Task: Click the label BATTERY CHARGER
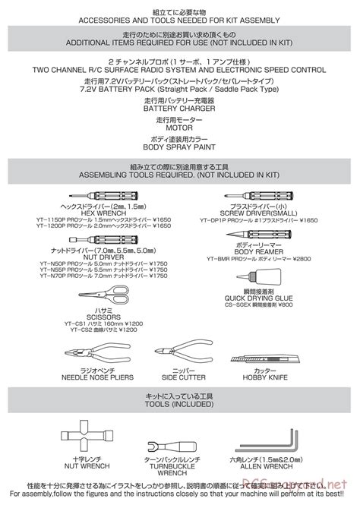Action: [180, 109]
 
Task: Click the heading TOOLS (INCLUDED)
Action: [180, 404]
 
